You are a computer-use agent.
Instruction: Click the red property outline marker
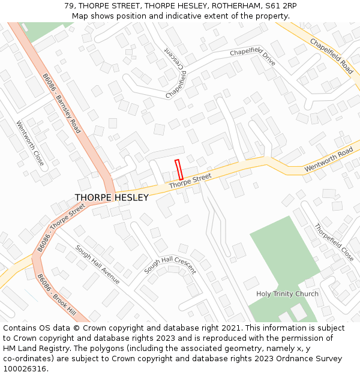[178, 169]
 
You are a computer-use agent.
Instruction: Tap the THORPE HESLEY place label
[112, 197]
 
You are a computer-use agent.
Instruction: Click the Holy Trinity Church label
[287, 294]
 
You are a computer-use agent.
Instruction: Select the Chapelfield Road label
[331, 55]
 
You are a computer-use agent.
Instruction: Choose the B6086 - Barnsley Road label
[61, 103]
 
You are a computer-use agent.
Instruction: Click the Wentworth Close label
[30, 144]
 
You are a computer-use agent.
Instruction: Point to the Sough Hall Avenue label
[97, 265]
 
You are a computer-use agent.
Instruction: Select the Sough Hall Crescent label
[170, 265]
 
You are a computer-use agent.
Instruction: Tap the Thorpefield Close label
[334, 242]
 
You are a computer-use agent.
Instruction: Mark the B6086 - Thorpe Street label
[61, 227]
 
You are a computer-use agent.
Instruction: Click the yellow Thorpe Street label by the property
[190, 181]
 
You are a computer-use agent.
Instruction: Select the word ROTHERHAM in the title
[229, 5]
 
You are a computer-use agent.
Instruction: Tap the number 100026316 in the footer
[26, 368]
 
